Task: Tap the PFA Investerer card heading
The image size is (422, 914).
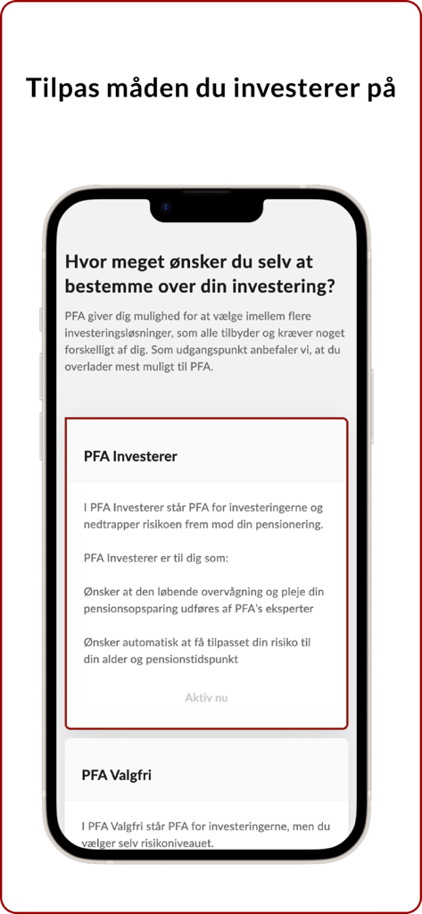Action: point(130,456)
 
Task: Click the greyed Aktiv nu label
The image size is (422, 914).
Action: point(206,697)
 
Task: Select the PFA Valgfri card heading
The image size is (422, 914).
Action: point(116,775)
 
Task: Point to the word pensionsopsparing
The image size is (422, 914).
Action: point(138,608)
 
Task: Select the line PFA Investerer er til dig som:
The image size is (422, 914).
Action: point(156,558)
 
